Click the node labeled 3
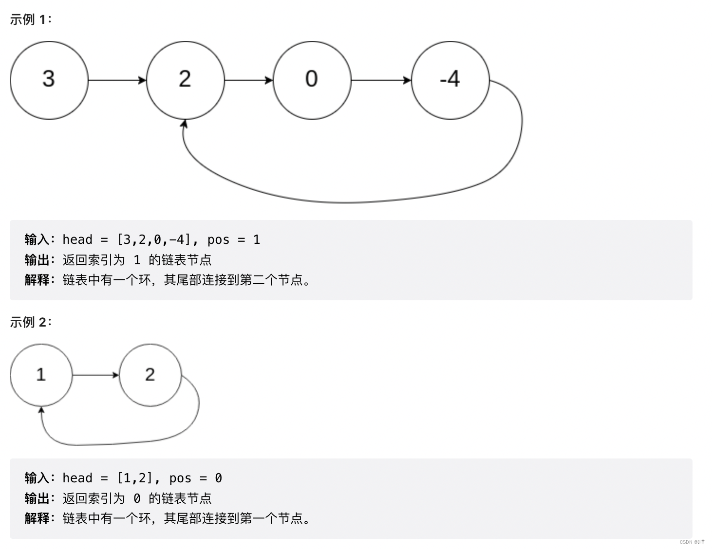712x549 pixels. tap(49, 80)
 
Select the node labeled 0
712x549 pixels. tap(312, 80)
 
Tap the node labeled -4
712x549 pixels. tap(450, 80)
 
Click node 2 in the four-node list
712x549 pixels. tap(185, 80)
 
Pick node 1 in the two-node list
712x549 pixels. tap(41, 375)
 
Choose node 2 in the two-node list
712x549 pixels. tap(150, 375)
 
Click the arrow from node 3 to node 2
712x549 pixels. tap(117, 80)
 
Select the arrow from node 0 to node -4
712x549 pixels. tap(381, 80)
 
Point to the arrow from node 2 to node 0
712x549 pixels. tap(248, 80)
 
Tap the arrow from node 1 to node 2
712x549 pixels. tap(95, 375)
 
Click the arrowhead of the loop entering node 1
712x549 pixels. tap(41, 411)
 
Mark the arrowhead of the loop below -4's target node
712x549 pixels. tap(184, 124)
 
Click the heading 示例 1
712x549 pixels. tap(30, 19)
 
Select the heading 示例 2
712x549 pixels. tap(30, 322)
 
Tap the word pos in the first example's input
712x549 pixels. tap(218, 239)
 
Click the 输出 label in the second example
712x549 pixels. tap(37, 498)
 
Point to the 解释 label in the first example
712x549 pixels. tap(37, 280)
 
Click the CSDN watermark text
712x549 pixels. tap(692, 542)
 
